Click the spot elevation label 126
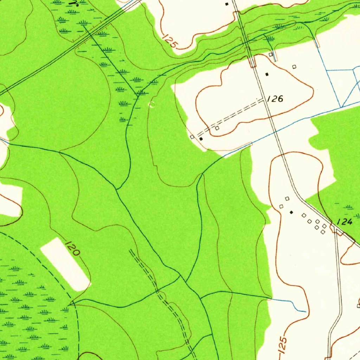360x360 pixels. (x=275, y=99)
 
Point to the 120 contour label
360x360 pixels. (x=72, y=247)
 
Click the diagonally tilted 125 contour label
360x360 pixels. (x=171, y=41)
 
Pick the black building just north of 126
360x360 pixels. (x=267, y=74)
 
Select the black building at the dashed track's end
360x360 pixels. (x=201, y=139)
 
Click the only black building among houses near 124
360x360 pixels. (x=291, y=212)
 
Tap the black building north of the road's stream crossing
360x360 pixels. (x=227, y=4)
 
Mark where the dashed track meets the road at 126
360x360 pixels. (x=264, y=100)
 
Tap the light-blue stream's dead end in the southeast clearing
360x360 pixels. (x=305, y=311)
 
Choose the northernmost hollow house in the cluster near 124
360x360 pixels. (x=287, y=199)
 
